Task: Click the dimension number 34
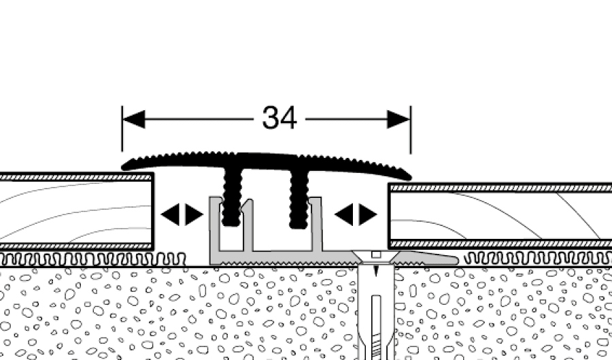[x=279, y=118]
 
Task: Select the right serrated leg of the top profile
[x=299, y=198]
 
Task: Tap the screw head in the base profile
[x=375, y=255]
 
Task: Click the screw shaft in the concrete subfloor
[x=375, y=306]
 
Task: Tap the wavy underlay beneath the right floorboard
[x=537, y=258]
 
